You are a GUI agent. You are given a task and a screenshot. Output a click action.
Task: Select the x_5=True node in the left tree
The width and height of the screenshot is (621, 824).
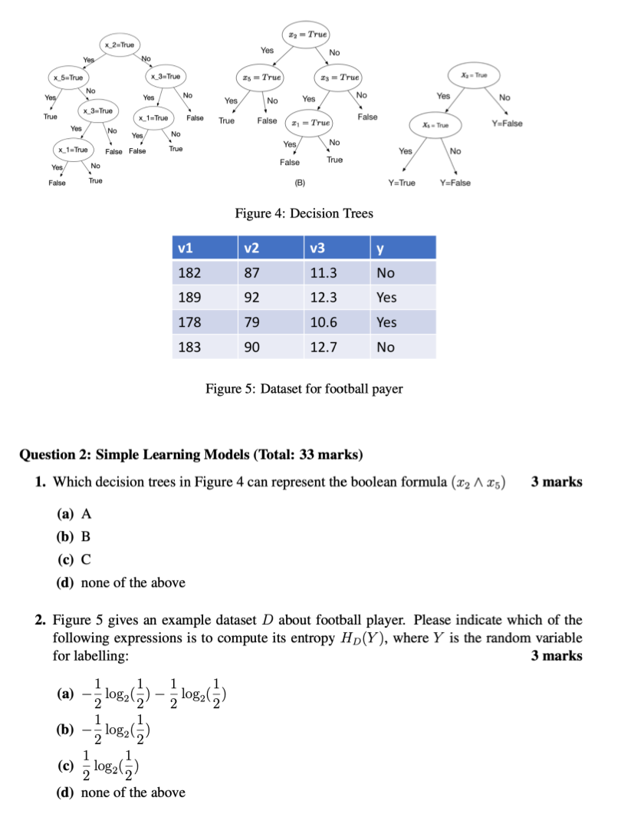[68, 77]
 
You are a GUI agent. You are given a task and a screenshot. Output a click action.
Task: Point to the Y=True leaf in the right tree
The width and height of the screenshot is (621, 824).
[402, 183]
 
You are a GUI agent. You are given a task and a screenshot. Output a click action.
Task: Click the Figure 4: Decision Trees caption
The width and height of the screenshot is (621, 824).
[304, 213]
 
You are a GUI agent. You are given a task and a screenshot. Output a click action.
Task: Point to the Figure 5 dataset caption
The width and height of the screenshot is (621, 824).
[304, 388]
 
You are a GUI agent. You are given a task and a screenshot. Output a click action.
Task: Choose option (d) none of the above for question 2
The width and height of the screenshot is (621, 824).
[121, 792]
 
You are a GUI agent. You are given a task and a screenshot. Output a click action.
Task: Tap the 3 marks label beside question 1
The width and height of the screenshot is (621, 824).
[556, 482]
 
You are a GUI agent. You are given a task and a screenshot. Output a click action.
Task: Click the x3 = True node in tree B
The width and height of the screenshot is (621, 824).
[338, 77]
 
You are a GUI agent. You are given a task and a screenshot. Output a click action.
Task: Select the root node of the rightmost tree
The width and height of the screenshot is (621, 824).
[471, 75]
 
